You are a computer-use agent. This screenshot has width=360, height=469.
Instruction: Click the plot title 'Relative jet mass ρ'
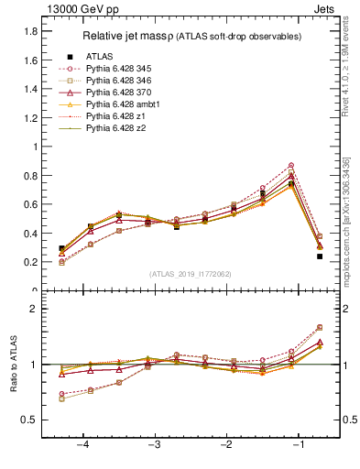point(139,37)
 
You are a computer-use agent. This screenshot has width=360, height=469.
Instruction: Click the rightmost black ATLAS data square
point(320,256)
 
